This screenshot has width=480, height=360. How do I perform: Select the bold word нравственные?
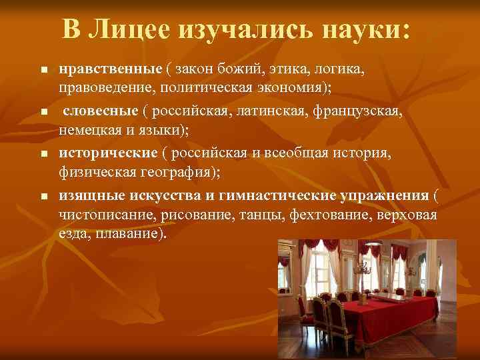click(x=110, y=69)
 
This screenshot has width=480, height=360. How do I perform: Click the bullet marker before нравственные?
click(x=43, y=70)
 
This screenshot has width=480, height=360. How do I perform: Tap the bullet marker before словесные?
click(x=43, y=113)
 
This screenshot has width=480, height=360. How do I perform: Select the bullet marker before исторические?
click(x=43, y=155)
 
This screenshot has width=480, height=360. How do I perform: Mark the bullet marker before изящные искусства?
click(x=43, y=197)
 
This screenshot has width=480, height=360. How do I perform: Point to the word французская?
click(x=362, y=111)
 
